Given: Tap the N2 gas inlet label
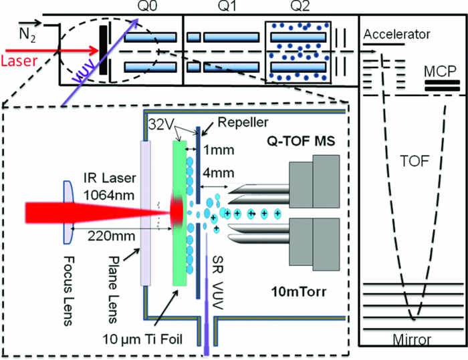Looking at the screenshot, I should [x=27, y=29].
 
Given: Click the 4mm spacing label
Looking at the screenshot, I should [x=219, y=174].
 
